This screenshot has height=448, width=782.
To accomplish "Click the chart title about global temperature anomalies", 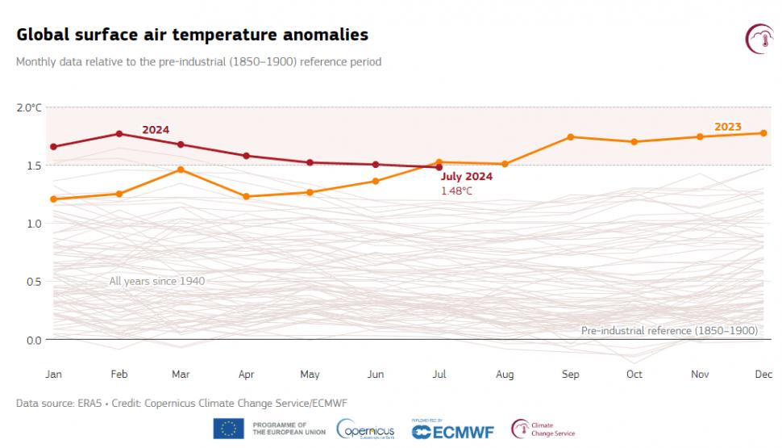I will tap(192, 35).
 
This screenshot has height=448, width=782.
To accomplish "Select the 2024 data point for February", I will tap(119, 134).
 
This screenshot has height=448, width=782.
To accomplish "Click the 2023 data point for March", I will tap(181, 170).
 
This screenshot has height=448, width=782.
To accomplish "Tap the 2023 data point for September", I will tap(571, 136).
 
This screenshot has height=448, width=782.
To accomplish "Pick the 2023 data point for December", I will tap(763, 133).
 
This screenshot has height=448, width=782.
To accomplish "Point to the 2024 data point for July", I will tap(439, 167).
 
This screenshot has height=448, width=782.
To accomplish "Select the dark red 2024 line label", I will tap(156, 129).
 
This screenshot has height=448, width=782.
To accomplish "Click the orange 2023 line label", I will tap(728, 127).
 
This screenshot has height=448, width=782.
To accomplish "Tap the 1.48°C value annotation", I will tap(456, 191).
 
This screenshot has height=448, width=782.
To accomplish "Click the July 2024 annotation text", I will tap(467, 177).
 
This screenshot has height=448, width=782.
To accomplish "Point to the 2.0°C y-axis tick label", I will tap(29, 107).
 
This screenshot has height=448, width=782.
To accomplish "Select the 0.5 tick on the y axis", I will tap(32, 282).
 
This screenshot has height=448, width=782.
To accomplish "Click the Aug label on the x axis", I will tap(505, 374).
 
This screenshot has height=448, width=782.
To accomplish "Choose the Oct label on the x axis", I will tap(634, 374).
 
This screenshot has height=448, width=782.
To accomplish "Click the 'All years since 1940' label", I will tap(157, 281).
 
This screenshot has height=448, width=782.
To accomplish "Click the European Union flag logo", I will tap(229, 429).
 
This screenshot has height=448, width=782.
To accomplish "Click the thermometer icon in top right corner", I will tap(759, 38).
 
